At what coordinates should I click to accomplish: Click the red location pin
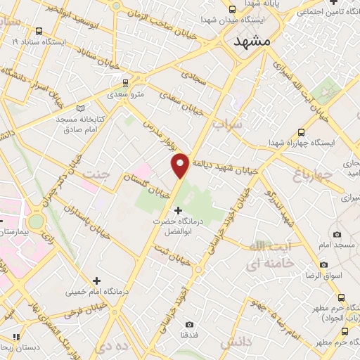180,165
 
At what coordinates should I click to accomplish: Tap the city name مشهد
250,41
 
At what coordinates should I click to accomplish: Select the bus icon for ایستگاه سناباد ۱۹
38,31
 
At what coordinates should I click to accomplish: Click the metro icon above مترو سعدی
126,82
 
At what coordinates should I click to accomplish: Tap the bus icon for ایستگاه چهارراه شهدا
302,131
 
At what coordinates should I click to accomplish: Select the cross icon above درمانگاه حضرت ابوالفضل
177,210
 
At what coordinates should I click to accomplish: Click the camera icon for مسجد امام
337,233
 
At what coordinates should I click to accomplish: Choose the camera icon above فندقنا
189,325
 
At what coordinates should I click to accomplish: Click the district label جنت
96,173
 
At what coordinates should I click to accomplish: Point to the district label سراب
228,124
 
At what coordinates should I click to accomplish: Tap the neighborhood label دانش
235,342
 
